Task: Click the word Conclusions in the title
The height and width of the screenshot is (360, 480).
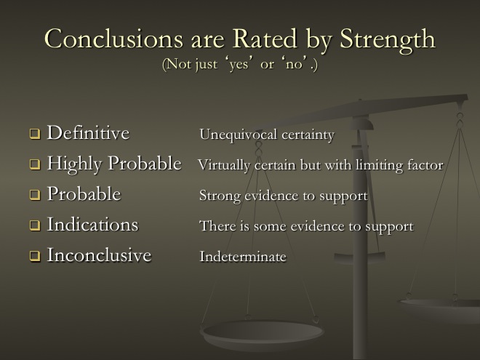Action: coord(113,39)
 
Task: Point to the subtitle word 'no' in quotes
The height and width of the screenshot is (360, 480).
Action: coord(295,64)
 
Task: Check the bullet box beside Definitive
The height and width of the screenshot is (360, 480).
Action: coord(35,134)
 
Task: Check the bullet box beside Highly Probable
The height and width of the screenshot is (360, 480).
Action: coord(35,164)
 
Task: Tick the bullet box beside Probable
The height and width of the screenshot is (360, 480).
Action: coord(35,195)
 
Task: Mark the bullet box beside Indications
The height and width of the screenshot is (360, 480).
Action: coord(35,225)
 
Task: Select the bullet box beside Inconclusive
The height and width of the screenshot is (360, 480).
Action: coord(35,255)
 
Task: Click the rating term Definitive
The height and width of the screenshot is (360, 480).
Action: coord(88,132)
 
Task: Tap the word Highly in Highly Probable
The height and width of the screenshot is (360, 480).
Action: coord(74,164)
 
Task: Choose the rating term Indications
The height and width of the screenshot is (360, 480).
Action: coord(92,224)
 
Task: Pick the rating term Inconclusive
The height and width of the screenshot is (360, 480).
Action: coord(99,255)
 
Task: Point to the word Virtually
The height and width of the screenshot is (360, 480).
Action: coord(224,166)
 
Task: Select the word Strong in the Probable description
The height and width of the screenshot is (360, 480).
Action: coord(220,196)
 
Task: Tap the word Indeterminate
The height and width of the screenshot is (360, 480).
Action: coord(243,256)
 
